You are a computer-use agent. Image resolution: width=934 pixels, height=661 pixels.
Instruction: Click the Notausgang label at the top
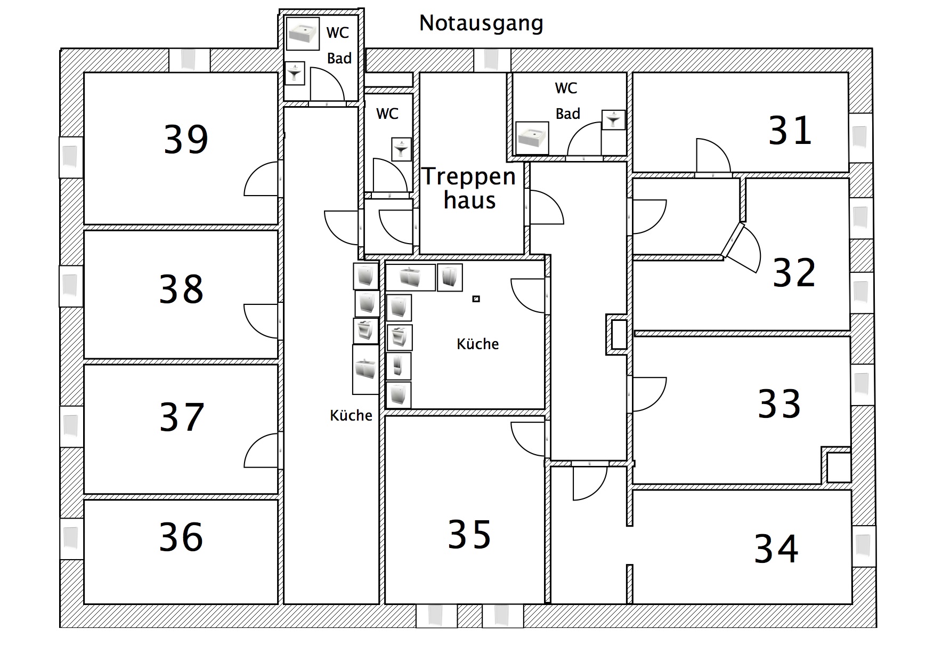[x=481, y=23]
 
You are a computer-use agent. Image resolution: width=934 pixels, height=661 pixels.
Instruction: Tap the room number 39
[x=185, y=140]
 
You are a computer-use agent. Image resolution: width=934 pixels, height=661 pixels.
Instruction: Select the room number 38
[x=181, y=289]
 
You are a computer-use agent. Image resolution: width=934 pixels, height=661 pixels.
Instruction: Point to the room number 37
[x=182, y=417]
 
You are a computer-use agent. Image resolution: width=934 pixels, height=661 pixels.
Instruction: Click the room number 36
[x=181, y=537]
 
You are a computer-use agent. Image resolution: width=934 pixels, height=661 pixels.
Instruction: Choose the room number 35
[x=469, y=535]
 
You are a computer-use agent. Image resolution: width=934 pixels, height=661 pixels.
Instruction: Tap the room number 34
[x=776, y=549]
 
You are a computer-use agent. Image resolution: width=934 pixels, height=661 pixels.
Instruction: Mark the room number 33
[x=779, y=404]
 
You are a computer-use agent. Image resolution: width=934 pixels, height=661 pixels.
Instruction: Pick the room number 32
[x=794, y=273]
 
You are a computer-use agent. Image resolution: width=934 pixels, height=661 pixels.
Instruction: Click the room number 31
[x=790, y=131]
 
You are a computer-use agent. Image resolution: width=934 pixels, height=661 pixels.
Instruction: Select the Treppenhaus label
[x=469, y=188]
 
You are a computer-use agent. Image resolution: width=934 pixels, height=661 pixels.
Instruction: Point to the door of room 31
[x=712, y=156]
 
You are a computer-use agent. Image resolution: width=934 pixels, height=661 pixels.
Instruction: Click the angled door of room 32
[x=743, y=248]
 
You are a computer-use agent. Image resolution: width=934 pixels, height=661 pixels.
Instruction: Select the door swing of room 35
[x=528, y=438]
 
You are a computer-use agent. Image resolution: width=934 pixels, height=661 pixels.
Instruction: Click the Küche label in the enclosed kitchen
[x=477, y=344]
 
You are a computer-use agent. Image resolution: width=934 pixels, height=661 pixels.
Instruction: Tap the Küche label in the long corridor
[x=351, y=416]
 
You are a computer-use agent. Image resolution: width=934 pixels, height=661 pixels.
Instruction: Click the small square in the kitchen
[x=476, y=299]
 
